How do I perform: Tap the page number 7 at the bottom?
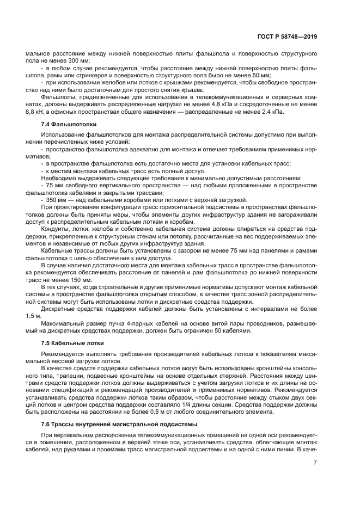point(315,463)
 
